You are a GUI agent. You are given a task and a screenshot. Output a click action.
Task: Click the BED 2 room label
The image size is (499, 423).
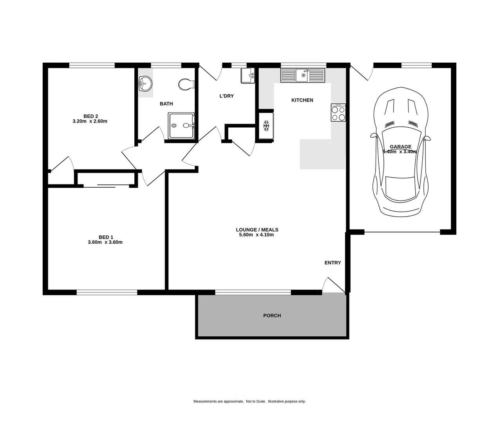point(90,116)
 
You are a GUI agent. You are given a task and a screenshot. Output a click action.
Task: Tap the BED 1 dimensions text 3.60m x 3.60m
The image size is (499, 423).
point(105,242)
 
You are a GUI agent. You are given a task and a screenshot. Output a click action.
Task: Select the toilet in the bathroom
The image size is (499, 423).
point(186,84)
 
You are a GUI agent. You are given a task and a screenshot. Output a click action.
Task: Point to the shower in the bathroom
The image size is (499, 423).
point(181,126)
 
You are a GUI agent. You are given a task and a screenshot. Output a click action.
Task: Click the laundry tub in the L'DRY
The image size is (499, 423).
point(248,76)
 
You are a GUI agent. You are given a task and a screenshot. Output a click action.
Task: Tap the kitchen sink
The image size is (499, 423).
point(303,75)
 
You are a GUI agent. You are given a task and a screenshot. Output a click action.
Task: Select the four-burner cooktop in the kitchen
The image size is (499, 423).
point(338,113)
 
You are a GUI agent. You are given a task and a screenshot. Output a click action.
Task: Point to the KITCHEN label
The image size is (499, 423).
point(302,100)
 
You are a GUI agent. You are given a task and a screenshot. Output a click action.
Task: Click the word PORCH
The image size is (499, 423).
point(272,316)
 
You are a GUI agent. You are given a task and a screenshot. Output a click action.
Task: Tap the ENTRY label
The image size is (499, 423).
point(333,263)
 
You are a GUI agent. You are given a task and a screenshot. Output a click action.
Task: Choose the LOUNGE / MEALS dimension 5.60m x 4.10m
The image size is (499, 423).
point(256,235)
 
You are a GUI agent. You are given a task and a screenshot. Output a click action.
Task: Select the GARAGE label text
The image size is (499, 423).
point(400,147)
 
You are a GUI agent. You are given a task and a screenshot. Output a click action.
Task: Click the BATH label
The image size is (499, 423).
point(166,104)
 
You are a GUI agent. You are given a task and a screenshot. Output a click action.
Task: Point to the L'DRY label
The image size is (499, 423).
point(226,96)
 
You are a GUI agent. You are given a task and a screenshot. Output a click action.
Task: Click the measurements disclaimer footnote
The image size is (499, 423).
point(249,401)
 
